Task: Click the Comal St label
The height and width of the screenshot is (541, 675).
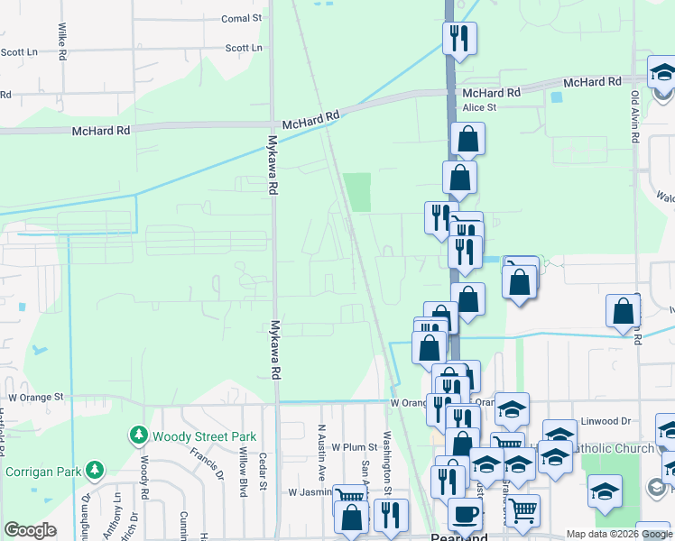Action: (x=242, y=18)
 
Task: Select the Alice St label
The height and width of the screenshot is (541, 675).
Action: (x=479, y=107)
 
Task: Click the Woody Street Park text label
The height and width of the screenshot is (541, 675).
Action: (x=205, y=437)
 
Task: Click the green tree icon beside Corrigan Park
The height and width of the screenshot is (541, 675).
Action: (x=94, y=471)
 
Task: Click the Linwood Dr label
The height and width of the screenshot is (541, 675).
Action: (x=606, y=421)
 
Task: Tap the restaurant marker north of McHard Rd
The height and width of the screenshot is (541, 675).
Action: (x=459, y=37)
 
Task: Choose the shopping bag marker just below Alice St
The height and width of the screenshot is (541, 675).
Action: (x=467, y=138)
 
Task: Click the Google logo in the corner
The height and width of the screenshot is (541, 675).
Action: (x=30, y=530)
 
